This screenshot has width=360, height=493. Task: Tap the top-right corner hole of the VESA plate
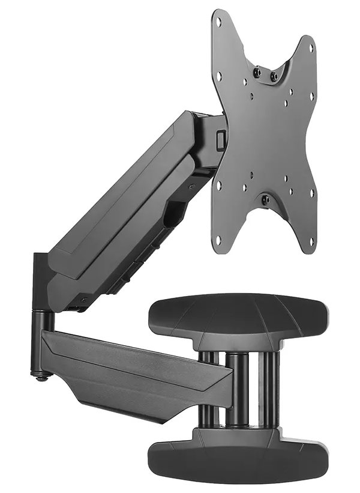point(311,47)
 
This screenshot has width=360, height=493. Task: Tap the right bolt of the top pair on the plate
point(274,76)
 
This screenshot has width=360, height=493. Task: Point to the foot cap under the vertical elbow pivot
point(41,377)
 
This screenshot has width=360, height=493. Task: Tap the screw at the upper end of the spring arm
point(192,187)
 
